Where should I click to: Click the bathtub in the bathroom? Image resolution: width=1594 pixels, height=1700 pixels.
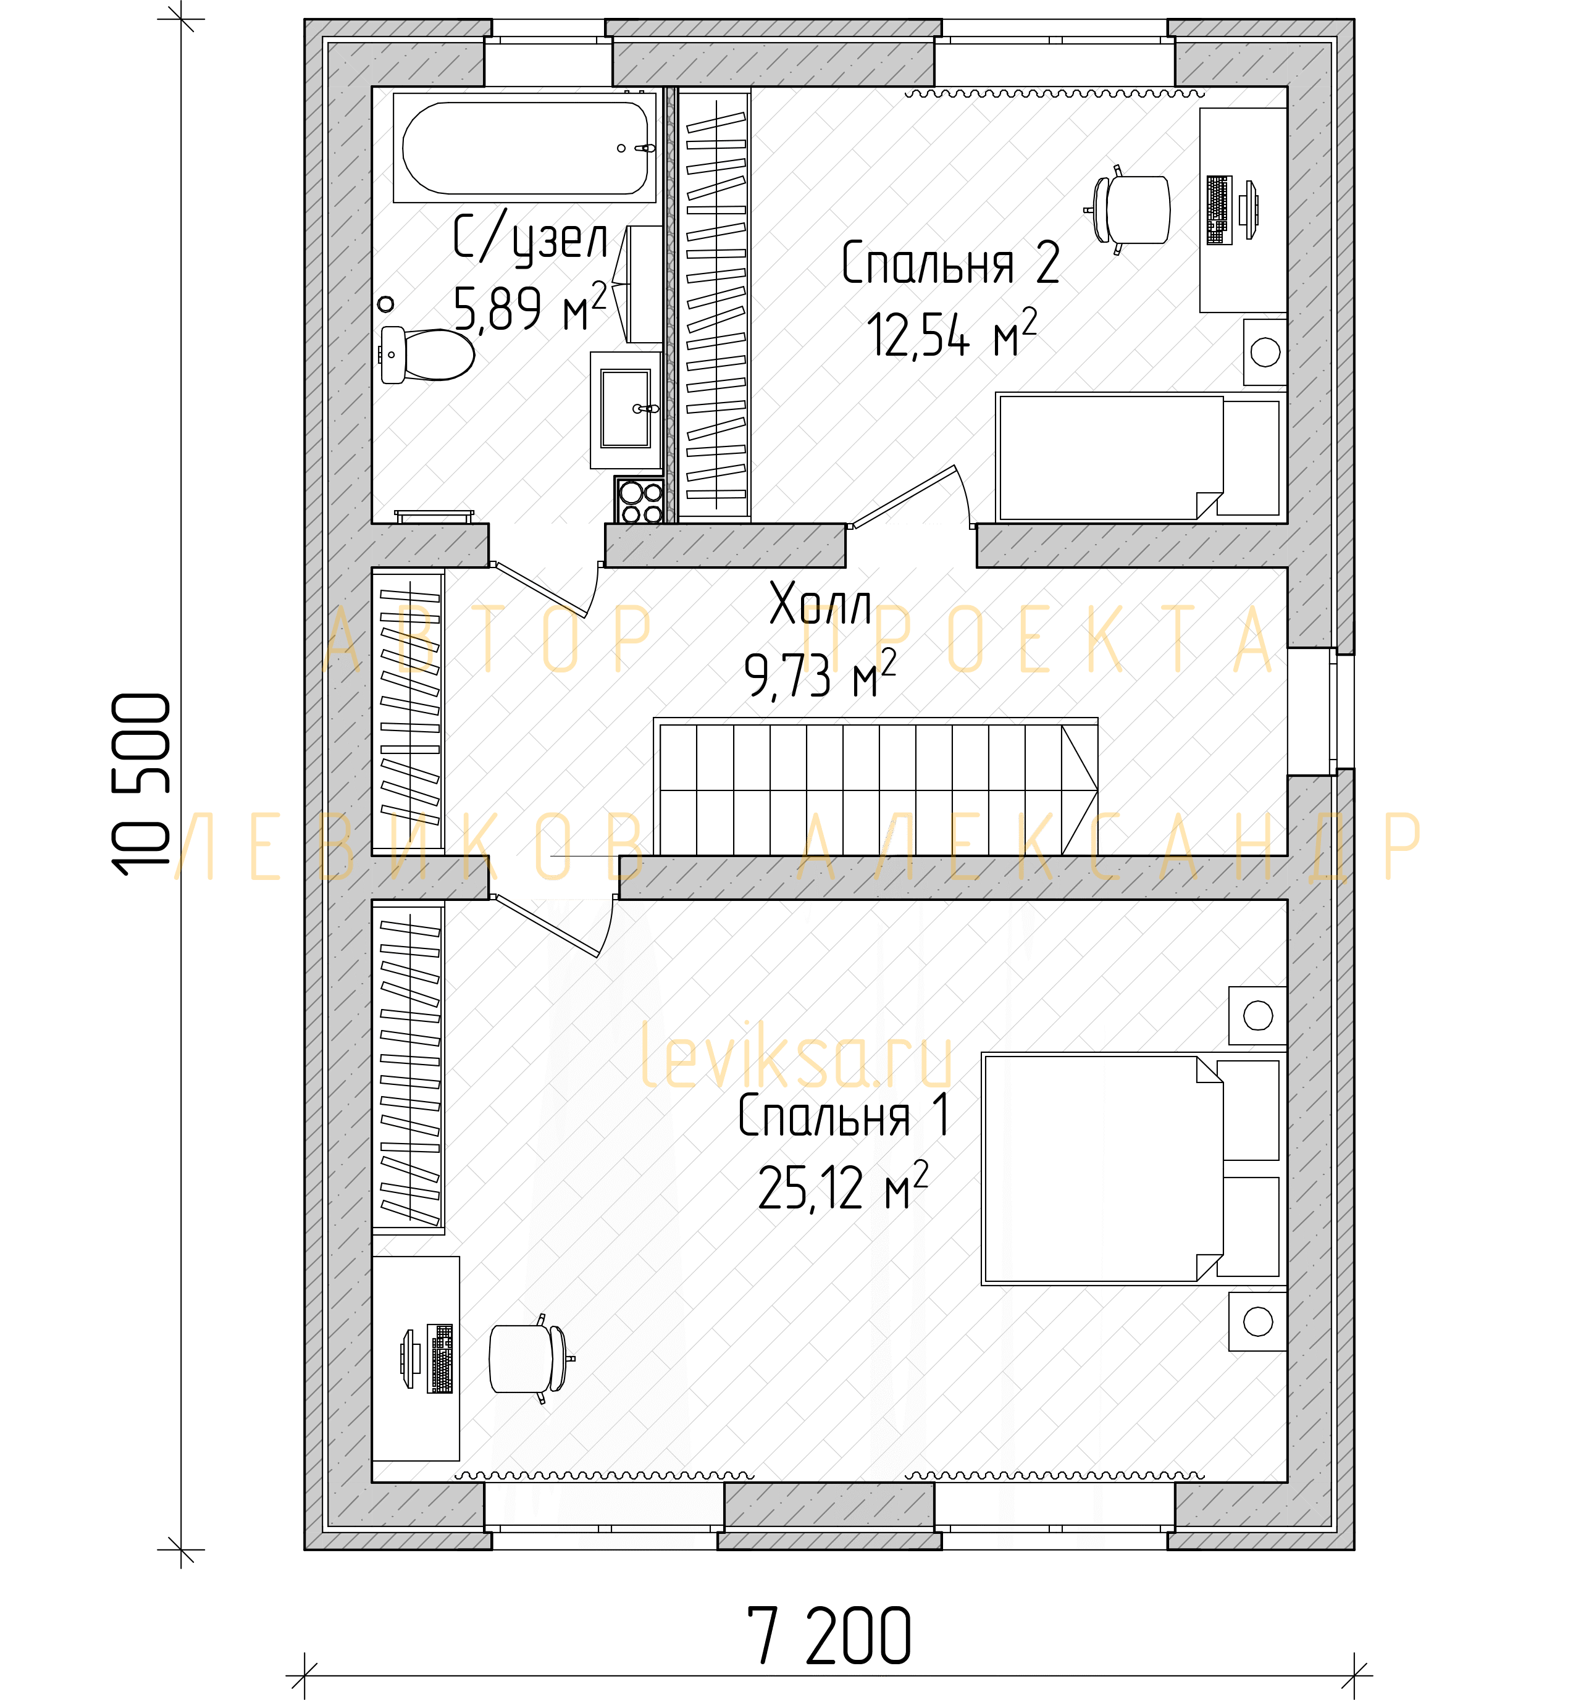click(x=524, y=148)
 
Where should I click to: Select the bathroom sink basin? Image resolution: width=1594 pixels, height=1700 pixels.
click(x=625, y=409)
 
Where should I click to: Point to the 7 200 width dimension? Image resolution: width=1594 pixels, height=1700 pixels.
click(x=829, y=1636)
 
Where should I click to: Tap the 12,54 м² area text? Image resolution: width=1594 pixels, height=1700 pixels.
click(x=951, y=333)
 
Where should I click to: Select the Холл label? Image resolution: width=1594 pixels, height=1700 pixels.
click(x=820, y=604)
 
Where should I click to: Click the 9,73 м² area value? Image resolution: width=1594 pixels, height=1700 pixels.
click(x=820, y=674)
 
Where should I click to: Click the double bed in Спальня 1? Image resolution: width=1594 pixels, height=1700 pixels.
click(x=1131, y=1169)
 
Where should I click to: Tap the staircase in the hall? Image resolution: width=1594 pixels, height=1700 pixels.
click(x=875, y=786)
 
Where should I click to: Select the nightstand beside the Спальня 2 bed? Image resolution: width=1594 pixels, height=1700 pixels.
click(x=1265, y=351)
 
